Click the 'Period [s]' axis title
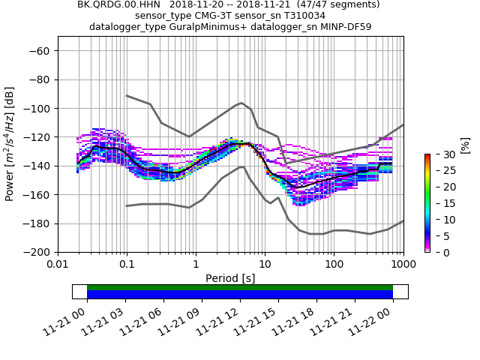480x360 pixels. [x=230, y=278]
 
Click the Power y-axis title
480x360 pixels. [x=10, y=144]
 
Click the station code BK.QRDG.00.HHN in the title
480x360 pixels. [x=120, y=4]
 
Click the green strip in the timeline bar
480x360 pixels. [x=240, y=287]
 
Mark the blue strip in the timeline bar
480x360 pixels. [x=240, y=295]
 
